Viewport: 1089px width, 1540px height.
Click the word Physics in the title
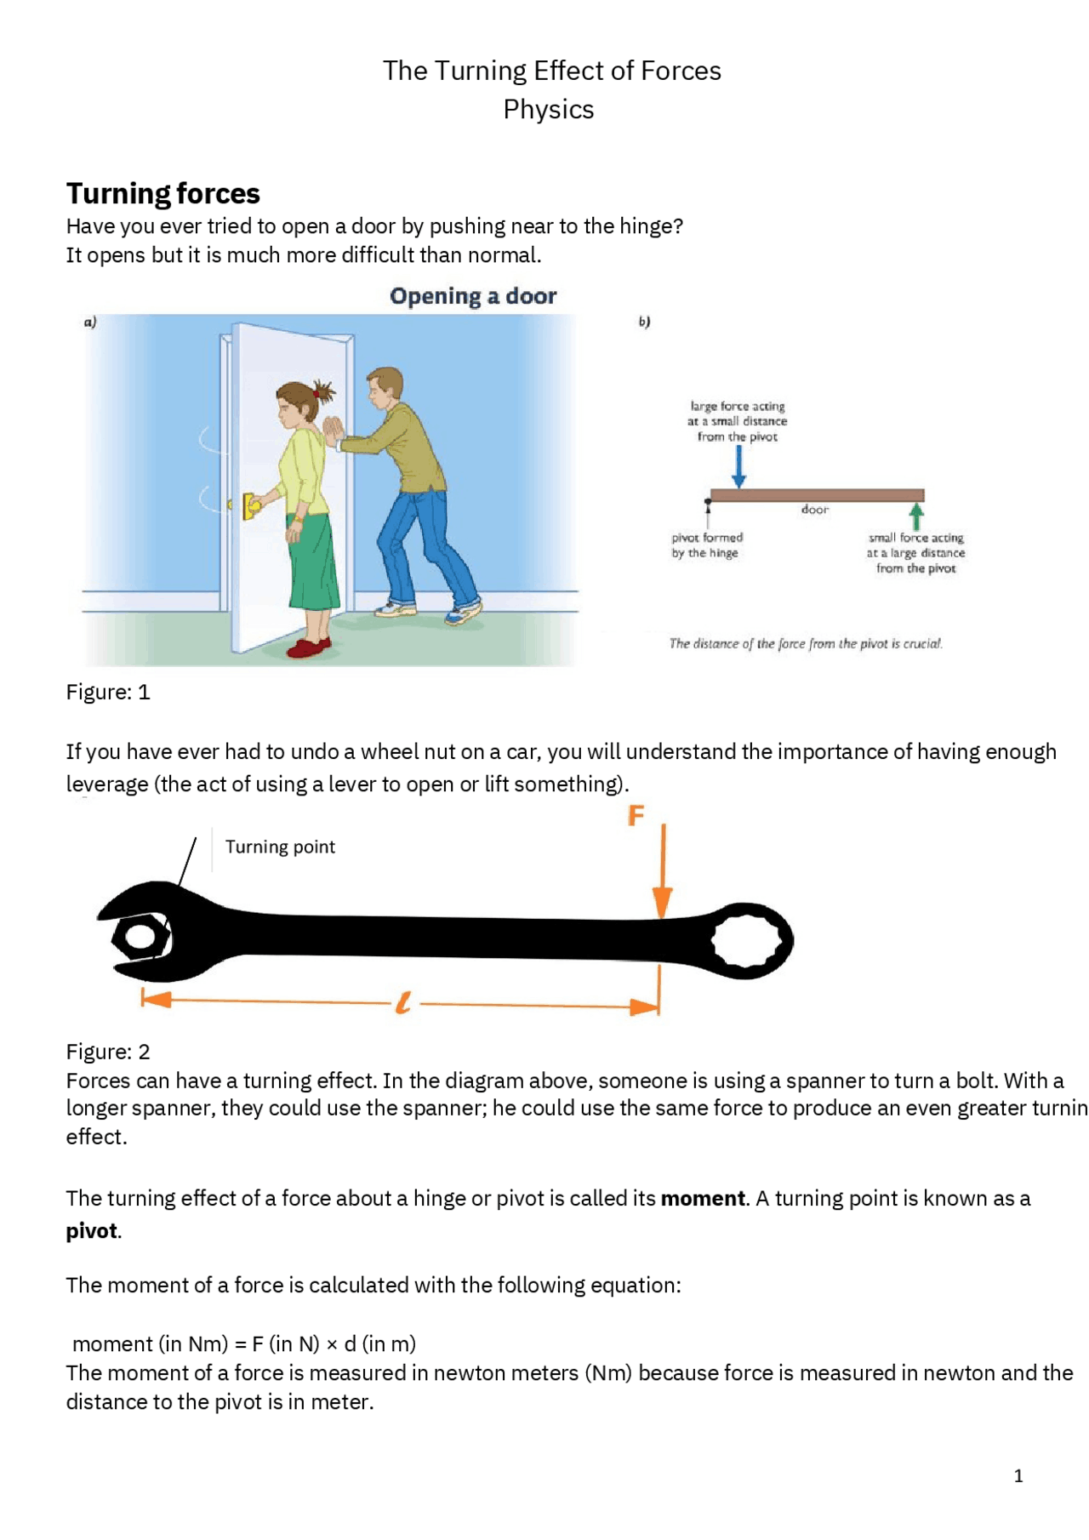[x=548, y=110]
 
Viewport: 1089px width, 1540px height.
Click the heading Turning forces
[x=162, y=193]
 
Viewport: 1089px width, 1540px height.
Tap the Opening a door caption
[x=473, y=296]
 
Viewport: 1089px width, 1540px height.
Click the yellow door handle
[x=251, y=505]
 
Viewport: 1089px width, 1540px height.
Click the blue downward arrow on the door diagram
[x=738, y=467]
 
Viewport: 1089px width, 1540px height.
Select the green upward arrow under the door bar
[x=916, y=516]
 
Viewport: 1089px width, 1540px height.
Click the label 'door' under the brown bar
[x=814, y=510]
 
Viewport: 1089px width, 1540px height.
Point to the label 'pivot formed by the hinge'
[x=706, y=545]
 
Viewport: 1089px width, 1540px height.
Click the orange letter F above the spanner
[x=636, y=816]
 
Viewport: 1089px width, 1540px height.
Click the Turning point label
[x=280, y=847]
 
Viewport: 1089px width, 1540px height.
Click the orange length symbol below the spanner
[x=403, y=1003]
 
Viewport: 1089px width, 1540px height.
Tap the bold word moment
[x=703, y=1199]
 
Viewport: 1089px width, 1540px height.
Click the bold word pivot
[x=91, y=1231]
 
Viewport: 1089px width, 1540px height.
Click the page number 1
[x=1018, y=1476]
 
